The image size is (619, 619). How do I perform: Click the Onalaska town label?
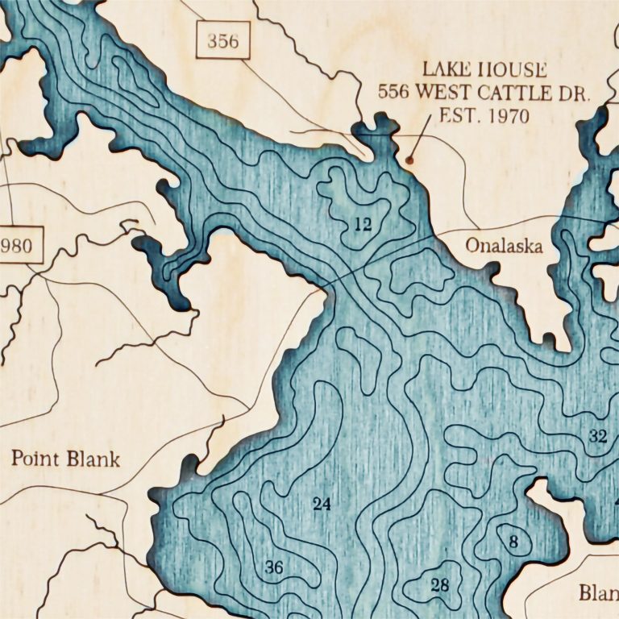click(x=504, y=247)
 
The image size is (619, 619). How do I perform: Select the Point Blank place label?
click(x=65, y=459)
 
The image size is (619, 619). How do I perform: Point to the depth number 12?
click(x=363, y=225)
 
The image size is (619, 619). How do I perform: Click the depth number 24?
click(x=322, y=505)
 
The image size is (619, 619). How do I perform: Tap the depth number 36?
click(x=274, y=568)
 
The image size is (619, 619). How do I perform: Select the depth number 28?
click(x=439, y=585)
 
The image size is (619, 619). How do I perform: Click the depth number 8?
click(x=513, y=542)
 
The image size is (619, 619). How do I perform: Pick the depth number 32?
click(x=597, y=437)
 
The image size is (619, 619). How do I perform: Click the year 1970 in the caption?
click(x=507, y=116)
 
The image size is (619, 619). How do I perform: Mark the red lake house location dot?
click(x=409, y=160)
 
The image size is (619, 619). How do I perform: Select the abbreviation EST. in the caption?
click(x=457, y=116)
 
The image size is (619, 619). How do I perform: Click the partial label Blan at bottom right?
click(x=598, y=593)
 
